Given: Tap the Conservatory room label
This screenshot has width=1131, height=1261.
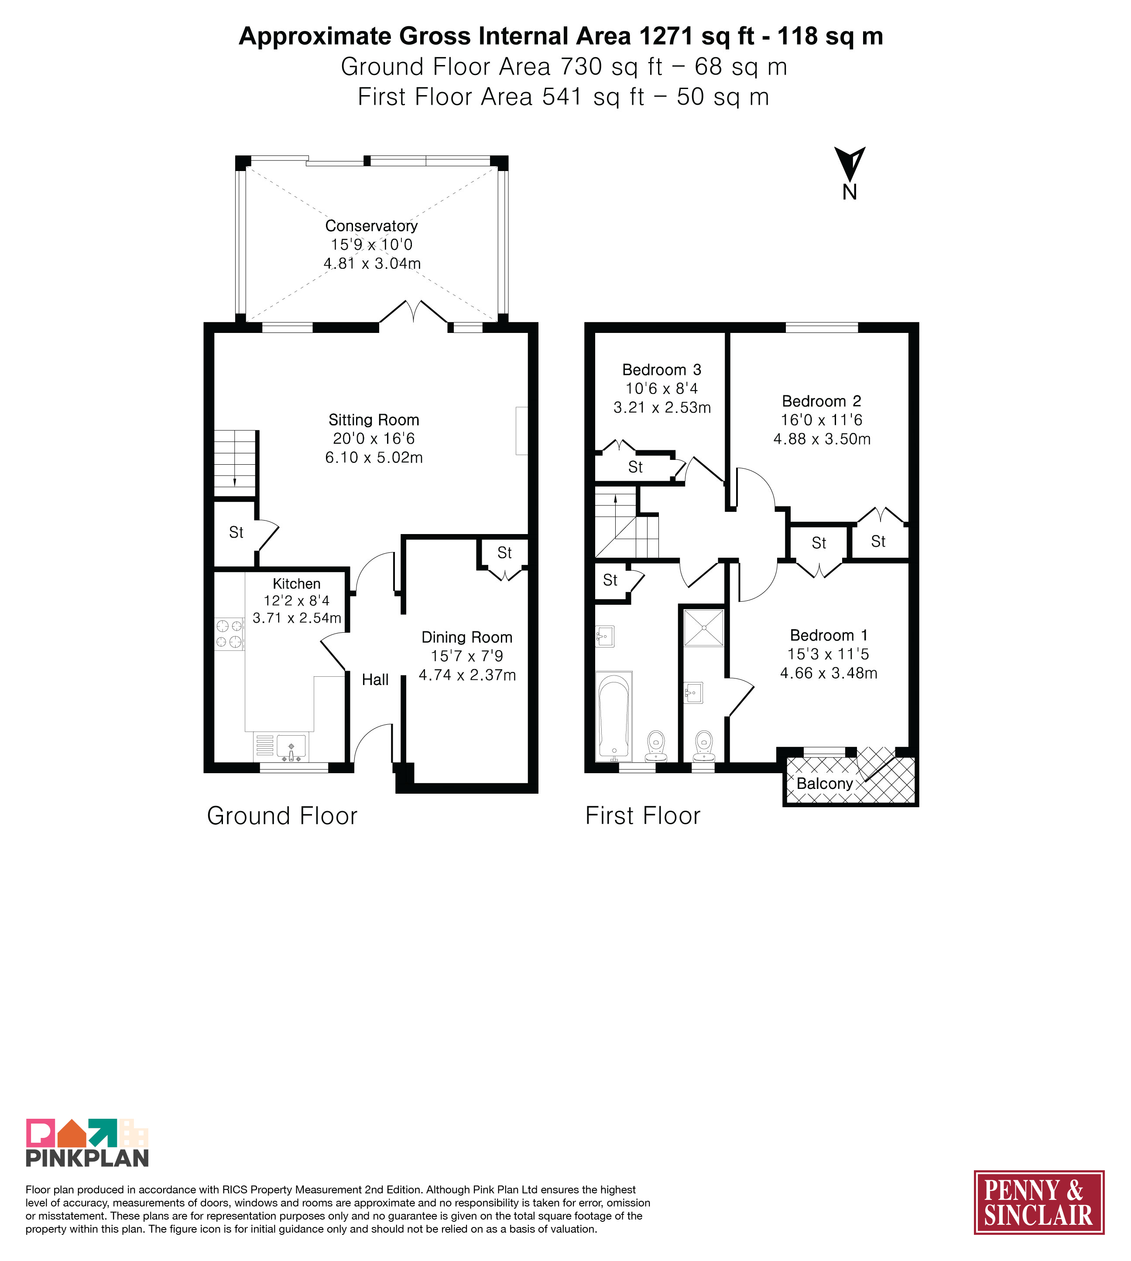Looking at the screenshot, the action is [372, 226].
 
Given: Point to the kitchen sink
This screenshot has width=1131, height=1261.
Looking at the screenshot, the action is [291, 747].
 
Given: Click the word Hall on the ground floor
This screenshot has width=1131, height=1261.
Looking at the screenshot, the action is [375, 680].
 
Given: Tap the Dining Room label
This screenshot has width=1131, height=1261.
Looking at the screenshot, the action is [467, 637].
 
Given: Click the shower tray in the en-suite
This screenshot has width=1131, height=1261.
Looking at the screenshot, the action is [704, 628].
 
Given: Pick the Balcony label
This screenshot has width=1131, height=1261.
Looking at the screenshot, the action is [825, 784].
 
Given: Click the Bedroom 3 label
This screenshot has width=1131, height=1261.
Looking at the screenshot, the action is [662, 370].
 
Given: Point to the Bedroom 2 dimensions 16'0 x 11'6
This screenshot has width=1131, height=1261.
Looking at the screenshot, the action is [822, 420].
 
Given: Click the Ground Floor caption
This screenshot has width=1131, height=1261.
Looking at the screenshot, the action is [282, 816].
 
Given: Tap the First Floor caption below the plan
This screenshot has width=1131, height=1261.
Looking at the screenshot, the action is [643, 816].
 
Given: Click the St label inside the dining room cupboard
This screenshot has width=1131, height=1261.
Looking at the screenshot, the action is [504, 552].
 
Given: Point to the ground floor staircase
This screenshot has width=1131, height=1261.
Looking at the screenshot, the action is [235, 463].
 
